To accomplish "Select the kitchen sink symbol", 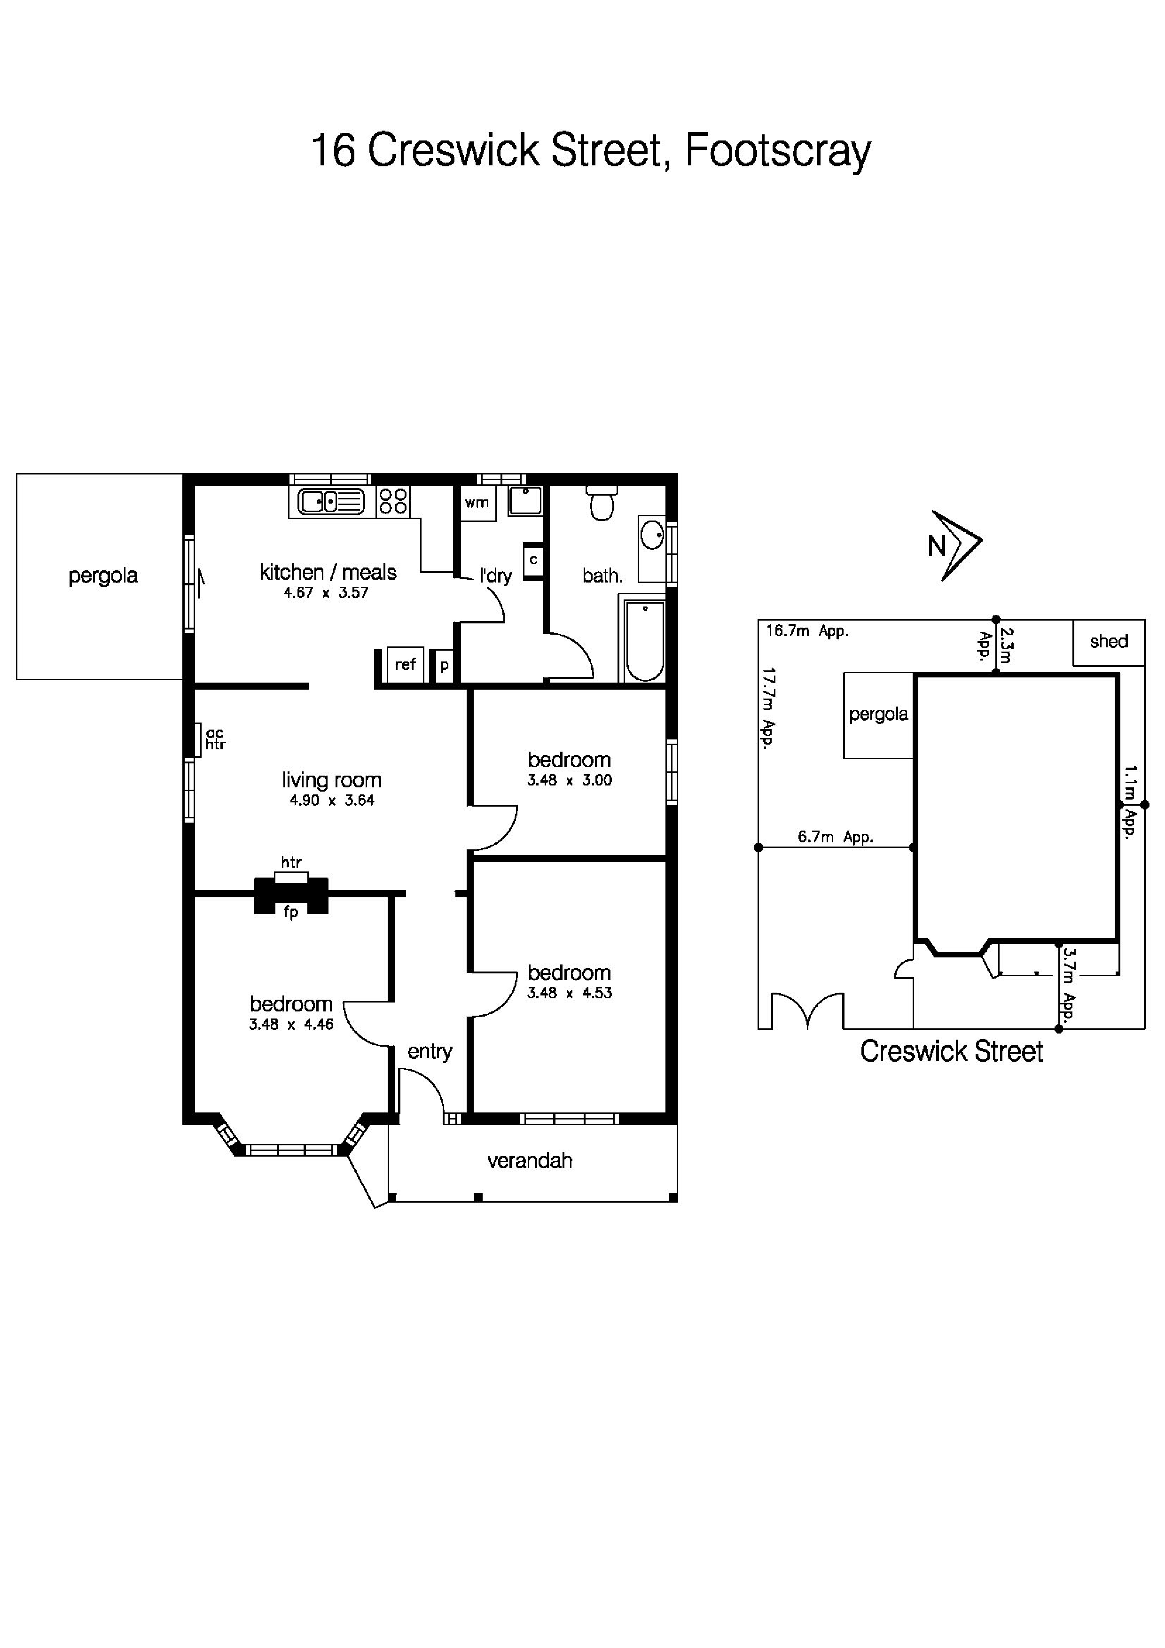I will [331, 501].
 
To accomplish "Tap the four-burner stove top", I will [392, 500].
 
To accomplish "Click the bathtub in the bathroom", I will [644, 640].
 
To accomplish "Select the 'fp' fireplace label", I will [291, 913].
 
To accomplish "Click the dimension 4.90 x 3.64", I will [332, 801].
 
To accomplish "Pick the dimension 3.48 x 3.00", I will [569, 780].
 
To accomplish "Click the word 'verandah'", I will [530, 1161].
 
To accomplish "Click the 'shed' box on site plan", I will [1108, 642].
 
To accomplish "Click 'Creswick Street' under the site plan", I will [951, 1051].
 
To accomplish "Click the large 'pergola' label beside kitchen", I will [102, 575].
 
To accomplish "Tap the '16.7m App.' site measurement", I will [807, 631].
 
